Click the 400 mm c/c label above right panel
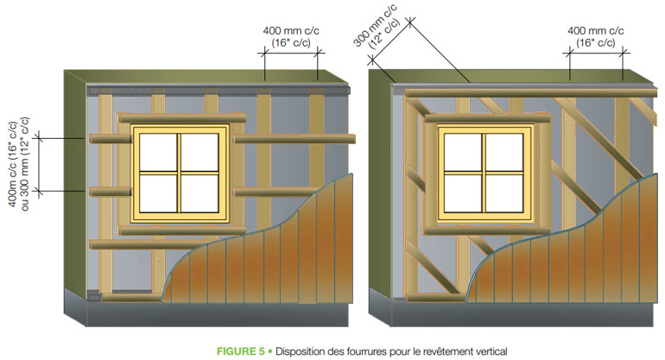pyautogui.click(x=597, y=35)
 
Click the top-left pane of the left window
pyautogui.click(x=159, y=152)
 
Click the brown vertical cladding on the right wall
pyautogui.click(x=570, y=259)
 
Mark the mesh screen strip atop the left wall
pyautogui.click(x=216, y=89)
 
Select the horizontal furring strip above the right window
pyautogui.click(x=518, y=92)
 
